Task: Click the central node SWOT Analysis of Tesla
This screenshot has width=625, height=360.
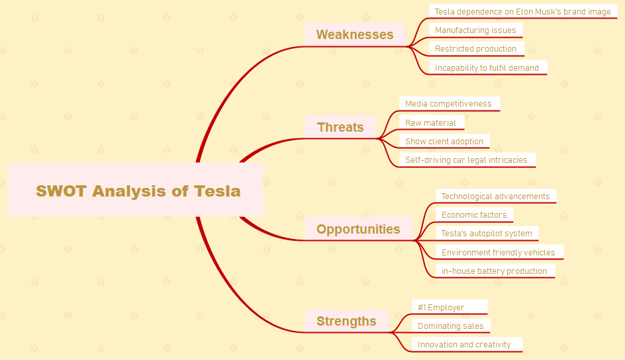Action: pyautogui.click(x=136, y=189)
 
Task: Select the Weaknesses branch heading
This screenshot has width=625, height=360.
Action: pyautogui.click(x=355, y=34)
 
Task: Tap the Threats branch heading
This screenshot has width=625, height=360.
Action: pyautogui.click(x=340, y=127)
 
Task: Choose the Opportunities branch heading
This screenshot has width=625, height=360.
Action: pyautogui.click(x=358, y=229)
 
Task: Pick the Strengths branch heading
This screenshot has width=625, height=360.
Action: pyautogui.click(x=346, y=321)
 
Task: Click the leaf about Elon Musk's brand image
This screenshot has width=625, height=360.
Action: pyautogui.click(x=523, y=11)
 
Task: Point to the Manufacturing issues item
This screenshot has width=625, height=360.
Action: pyautogui.click(x=475, y=30)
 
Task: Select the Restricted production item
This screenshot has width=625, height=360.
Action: pyautogui.click(x=476, y=48)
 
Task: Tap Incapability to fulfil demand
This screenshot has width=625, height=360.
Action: pyautogui.click(x=487, y=67)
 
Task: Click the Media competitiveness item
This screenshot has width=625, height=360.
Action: pyautogui.click(x=449, y=103)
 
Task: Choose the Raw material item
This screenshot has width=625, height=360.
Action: pyautogui.click(x=431, y=122)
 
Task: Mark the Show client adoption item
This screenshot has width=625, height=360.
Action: pyautogui.click(x=444, y=142)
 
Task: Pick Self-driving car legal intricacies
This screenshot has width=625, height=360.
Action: pyautogui.click(x=467, y=160)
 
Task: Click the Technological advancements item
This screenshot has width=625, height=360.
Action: pyautogui.click(x=496, y=197)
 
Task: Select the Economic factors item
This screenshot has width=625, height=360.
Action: pyautogui.click(x=474, y=215)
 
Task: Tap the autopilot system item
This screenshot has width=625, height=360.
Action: pyautogui.click(x=487, y=234)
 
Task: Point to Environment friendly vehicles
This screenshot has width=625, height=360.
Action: pyautogui.click(x=499, y=252)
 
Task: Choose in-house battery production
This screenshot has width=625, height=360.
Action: pyautogui.click(x=495, y=271)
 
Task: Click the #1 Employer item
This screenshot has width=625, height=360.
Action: pyautogui.click(x=450, y=307)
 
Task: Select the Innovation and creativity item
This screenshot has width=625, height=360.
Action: pyautogui.click(x=467, y=345)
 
